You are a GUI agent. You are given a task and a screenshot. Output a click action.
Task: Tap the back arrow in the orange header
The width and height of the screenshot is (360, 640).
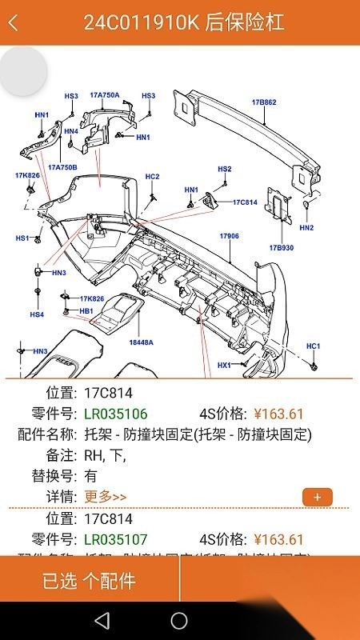point(13,22)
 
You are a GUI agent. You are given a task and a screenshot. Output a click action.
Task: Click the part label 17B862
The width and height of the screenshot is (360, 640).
point(264,102)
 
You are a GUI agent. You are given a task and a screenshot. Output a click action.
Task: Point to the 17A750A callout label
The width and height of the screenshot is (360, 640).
point(104,95)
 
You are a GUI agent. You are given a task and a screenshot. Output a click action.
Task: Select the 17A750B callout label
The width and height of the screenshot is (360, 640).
point(62,167)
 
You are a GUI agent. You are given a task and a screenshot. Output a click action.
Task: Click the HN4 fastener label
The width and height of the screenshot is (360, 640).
point(71,131)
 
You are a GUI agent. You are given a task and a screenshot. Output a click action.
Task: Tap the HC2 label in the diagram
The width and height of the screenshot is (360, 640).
point(152,176)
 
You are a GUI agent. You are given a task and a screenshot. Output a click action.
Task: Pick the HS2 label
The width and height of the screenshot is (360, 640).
point(225,169)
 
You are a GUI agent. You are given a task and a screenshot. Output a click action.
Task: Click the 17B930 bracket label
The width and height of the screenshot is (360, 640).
point(282,247)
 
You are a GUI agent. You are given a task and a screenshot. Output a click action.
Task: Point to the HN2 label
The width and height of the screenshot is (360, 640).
point(306,227)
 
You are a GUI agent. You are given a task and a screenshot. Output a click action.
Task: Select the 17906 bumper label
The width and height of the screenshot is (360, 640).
point(230,236)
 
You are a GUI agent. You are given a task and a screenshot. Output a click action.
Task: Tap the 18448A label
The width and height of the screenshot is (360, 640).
point(141,342)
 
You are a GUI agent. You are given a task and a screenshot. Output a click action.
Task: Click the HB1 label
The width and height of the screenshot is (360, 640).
point(86,310)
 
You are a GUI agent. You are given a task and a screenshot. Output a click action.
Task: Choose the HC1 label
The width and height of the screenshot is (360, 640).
point(314,346)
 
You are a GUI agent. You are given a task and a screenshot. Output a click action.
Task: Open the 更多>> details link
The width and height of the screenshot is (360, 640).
point(105,497)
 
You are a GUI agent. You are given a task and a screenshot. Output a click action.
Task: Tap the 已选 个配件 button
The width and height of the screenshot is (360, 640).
point(90,580)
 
